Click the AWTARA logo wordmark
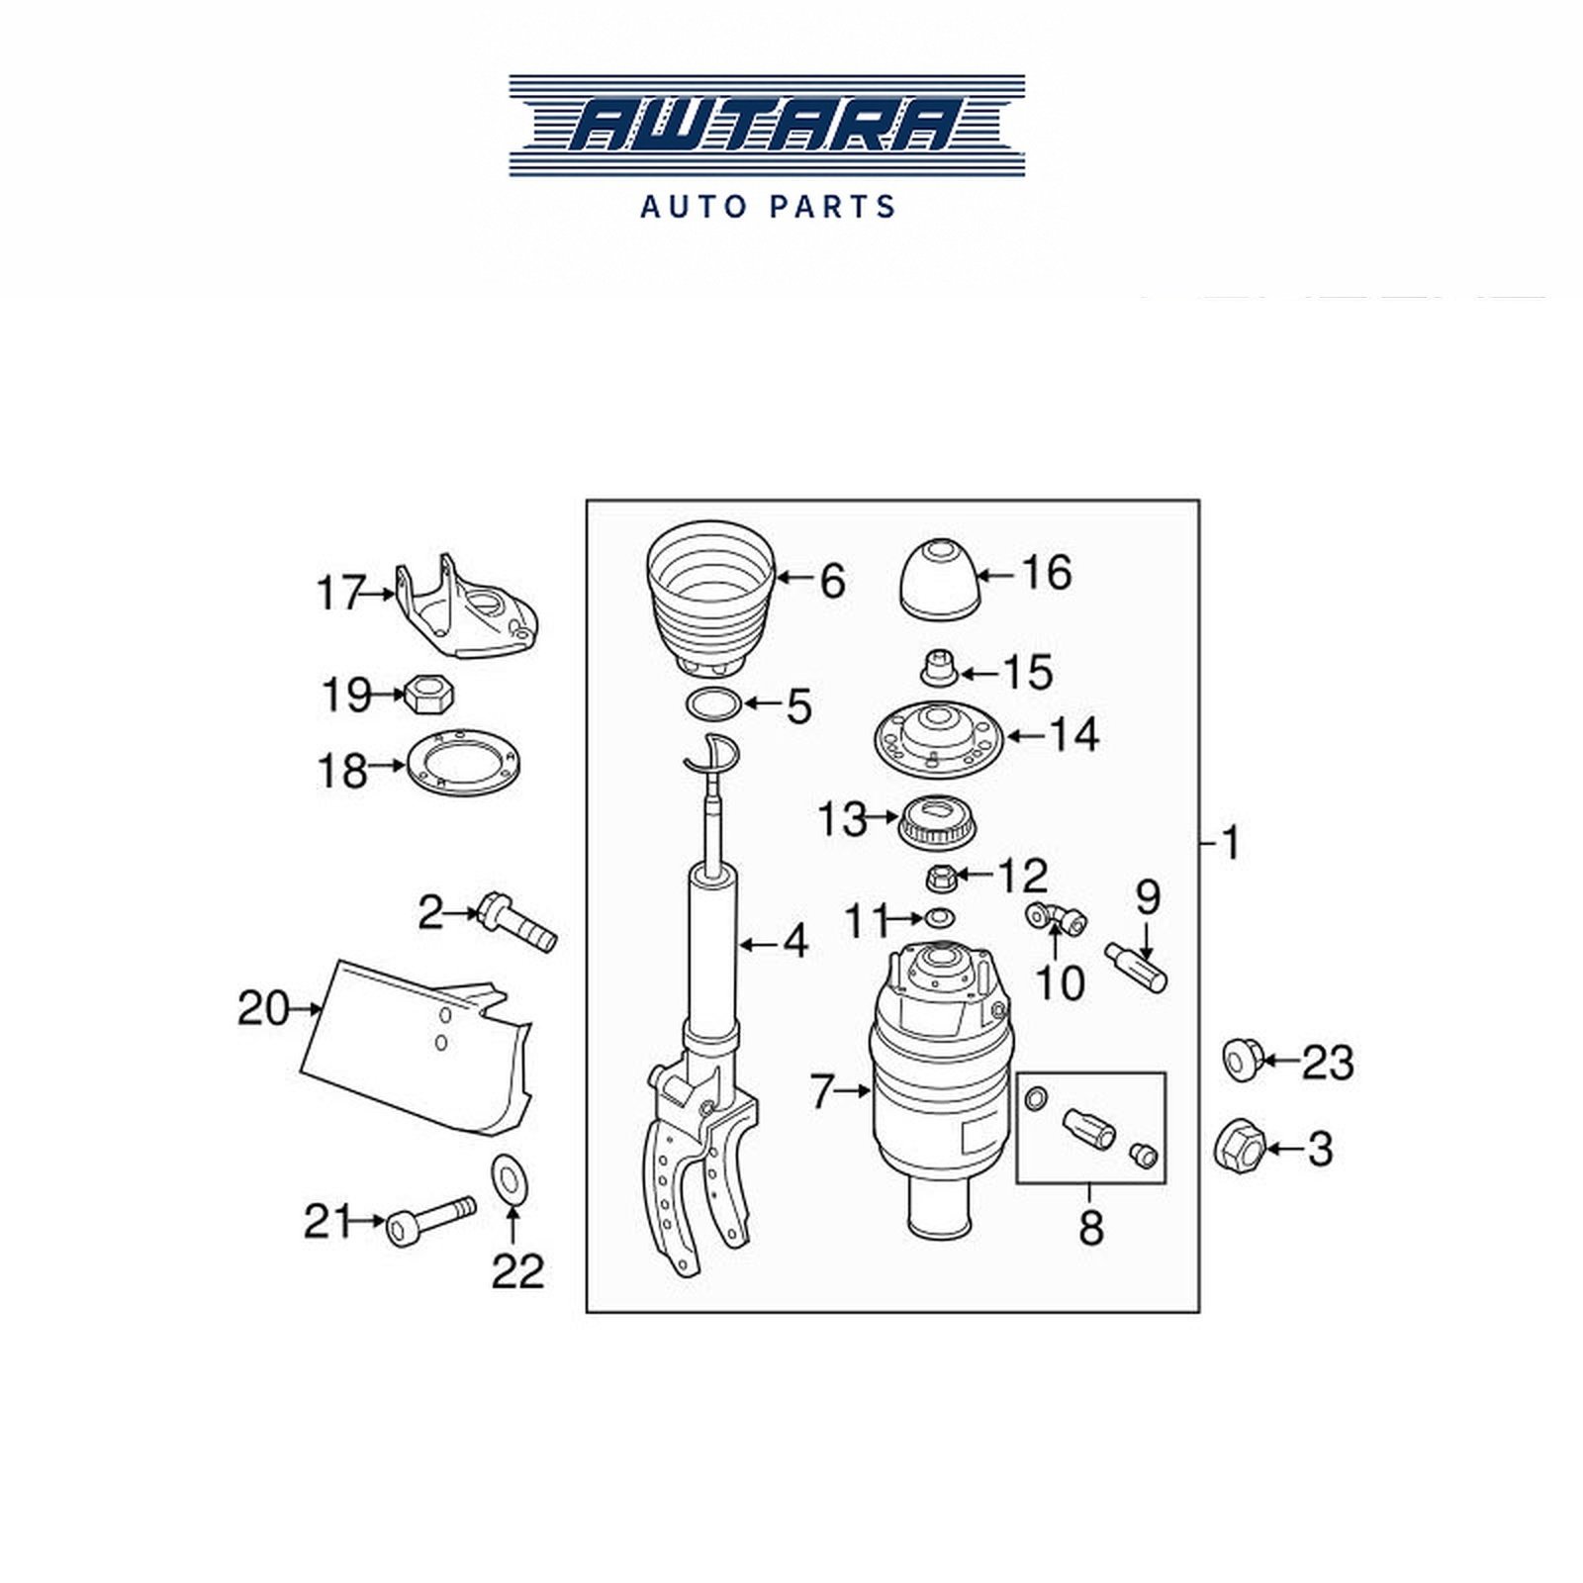pos(768,127)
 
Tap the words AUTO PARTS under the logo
pos(768,207)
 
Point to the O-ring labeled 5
pos(713,704)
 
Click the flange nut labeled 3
pos(1238,1147)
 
